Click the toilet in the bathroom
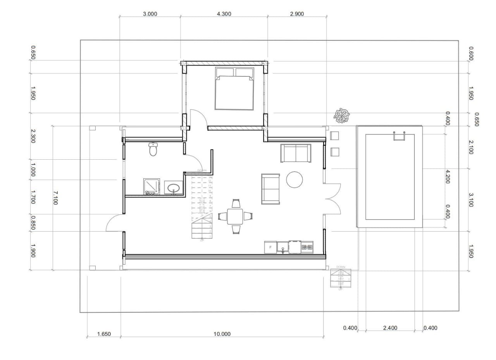click(153, 149)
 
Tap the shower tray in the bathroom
click(151, 186)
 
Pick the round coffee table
click(294, 179)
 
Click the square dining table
click(235, 216)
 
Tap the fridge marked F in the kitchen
click(270, 247)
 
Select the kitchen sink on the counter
click(283, 247)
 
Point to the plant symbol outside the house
click(342, 115)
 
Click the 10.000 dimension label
click(222, 334)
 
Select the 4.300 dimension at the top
click(224, 14)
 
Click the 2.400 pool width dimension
click(390, 328)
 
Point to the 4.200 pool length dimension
click(448, 176)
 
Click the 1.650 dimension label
click(104, 334)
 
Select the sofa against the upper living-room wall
click(296, 153)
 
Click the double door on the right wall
click(332, 198)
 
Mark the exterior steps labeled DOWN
click(341, 278)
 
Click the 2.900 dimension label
click(297, 14)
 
